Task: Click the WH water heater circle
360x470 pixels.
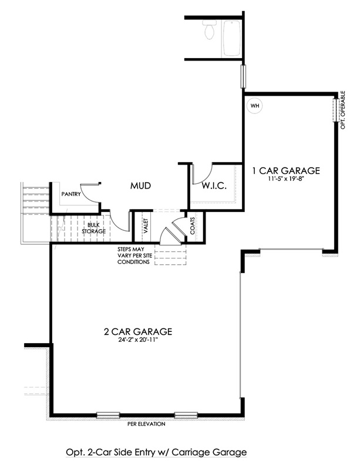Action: (254, 106)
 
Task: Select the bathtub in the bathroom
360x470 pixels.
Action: (231, 38)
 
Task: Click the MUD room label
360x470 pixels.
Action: (140, 186)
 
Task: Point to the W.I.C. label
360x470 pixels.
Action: (214, 186)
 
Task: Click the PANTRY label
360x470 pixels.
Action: (71, 194)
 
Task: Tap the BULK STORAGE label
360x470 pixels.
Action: (94, 228)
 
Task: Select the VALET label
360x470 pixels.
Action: (146, 226)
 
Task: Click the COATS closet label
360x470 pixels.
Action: (192, 226)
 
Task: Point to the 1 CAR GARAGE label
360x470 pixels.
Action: (285, 171)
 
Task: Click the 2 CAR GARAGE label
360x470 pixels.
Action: (138, 332)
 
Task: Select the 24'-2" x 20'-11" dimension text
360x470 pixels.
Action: (138, 340)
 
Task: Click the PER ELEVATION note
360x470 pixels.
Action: (146, 424)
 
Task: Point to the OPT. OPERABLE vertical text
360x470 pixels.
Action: (343, 110)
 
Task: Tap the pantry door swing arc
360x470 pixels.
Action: (90, 195)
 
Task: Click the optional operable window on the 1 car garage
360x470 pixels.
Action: (336, 110)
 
